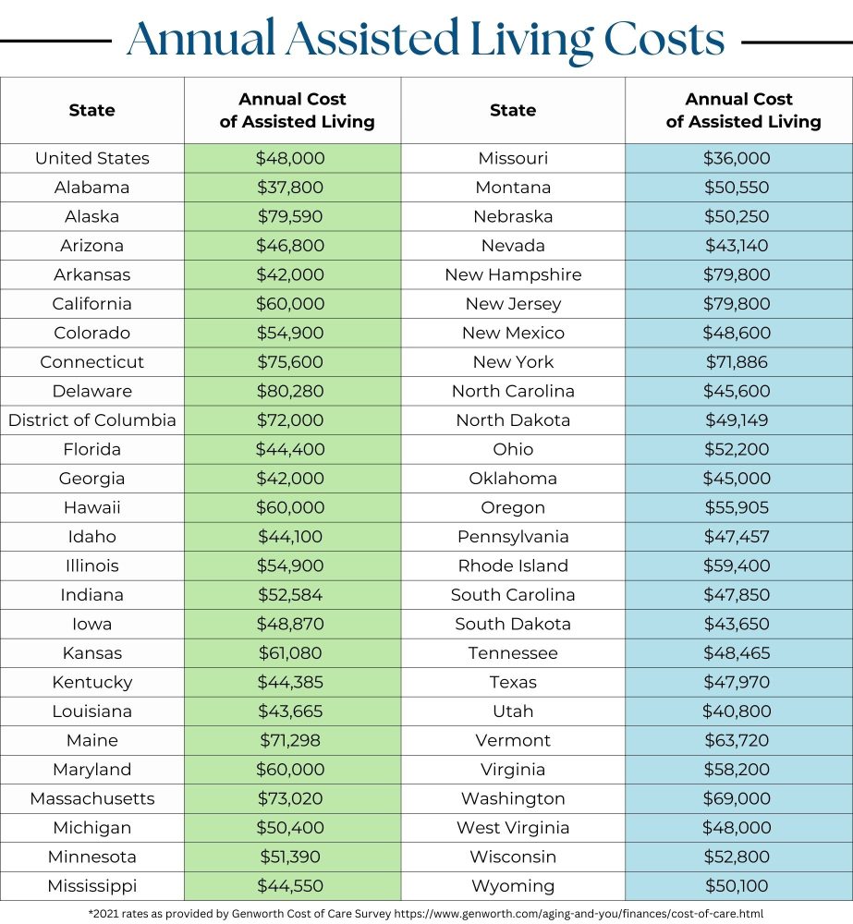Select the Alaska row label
(91, 216)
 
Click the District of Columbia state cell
(91, 419)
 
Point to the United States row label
(91, 158)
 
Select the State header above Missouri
(513, 110)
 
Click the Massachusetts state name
(91, 798)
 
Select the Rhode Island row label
(513, 565)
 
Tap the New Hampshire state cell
(513, 274)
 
